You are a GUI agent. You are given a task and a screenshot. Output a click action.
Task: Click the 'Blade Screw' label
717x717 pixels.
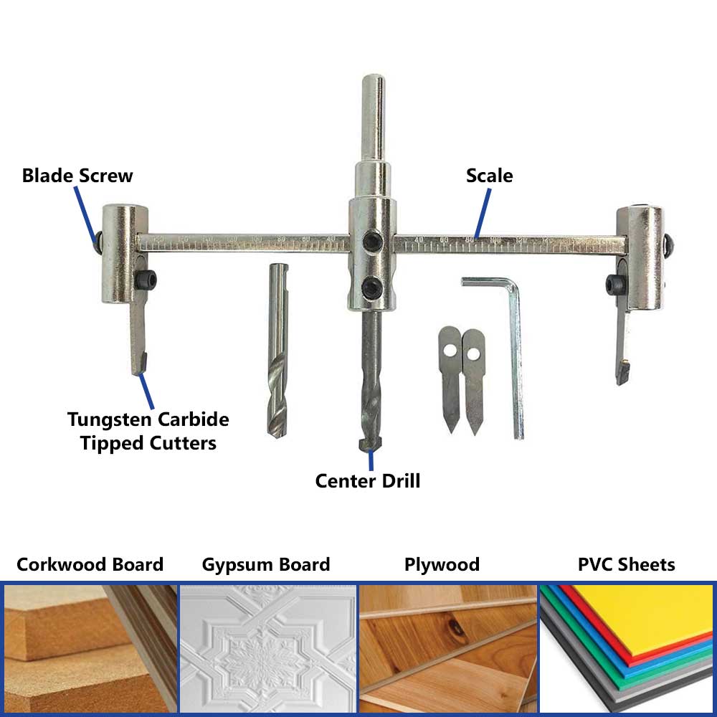(77, 176)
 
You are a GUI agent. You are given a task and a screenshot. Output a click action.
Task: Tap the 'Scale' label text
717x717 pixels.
(490, 176)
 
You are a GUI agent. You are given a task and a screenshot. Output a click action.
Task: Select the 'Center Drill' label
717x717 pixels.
(368, 480)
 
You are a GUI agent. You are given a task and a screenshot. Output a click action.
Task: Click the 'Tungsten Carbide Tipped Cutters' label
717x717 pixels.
(148, 431)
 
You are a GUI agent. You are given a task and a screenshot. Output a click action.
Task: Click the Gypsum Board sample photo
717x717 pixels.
(267, 649)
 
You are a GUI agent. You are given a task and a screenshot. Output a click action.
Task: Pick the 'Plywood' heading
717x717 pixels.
(442, 565)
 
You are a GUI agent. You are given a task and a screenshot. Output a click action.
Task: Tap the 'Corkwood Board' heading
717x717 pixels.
(90, 565)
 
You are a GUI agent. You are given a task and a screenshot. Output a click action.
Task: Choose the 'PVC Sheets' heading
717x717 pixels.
(626, 565)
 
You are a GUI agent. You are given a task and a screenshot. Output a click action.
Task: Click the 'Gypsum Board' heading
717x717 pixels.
(266, 565)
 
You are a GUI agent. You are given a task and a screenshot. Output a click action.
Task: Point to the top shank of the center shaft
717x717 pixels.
(371, 115)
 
